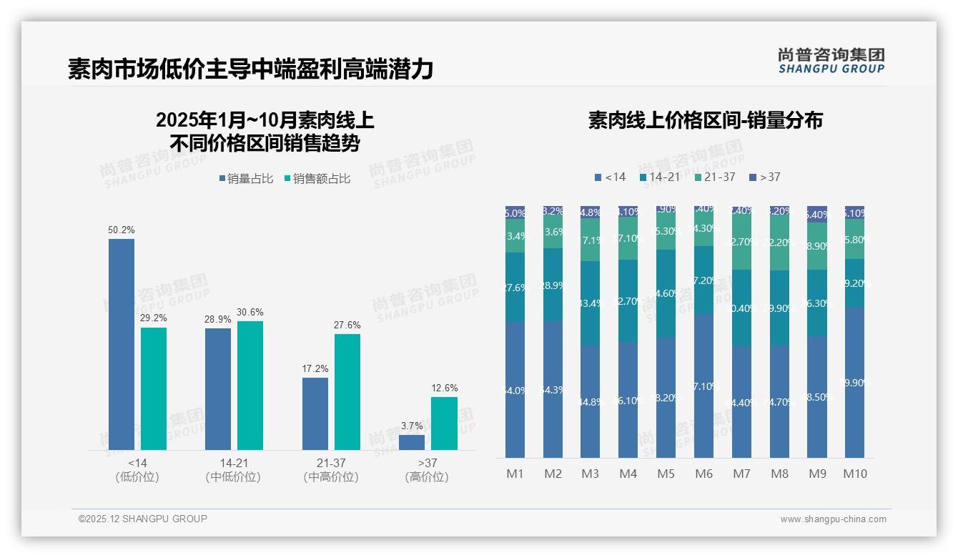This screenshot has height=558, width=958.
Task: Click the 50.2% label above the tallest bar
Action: [122, 230]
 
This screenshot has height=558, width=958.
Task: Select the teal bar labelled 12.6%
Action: [444, 424]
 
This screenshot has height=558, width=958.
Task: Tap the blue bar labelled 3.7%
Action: [412, 442]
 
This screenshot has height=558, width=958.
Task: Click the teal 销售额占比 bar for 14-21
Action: [250, 385]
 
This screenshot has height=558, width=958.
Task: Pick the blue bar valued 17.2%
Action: [315, 413]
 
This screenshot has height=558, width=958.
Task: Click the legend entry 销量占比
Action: [246, 179]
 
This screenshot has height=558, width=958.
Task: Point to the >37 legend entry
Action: [765, 177]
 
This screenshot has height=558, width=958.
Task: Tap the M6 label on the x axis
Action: [703, 474]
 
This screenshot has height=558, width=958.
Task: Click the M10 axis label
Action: [854, 474]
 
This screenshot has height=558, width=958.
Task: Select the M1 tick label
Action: [515, 474]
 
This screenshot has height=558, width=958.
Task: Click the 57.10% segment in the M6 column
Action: [703, 386]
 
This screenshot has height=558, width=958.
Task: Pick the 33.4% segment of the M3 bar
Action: [590, 303]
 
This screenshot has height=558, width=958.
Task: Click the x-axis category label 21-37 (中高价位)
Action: [330, 470]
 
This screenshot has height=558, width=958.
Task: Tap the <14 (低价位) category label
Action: [137, 470]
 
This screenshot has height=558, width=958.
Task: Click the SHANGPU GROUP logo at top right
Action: [831, 61]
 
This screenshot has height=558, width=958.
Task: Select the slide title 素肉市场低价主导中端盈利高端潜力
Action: [250, 69]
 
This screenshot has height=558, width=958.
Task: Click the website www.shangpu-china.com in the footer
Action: [833, 519]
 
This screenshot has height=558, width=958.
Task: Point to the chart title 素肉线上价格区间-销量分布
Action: [705, 120]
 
